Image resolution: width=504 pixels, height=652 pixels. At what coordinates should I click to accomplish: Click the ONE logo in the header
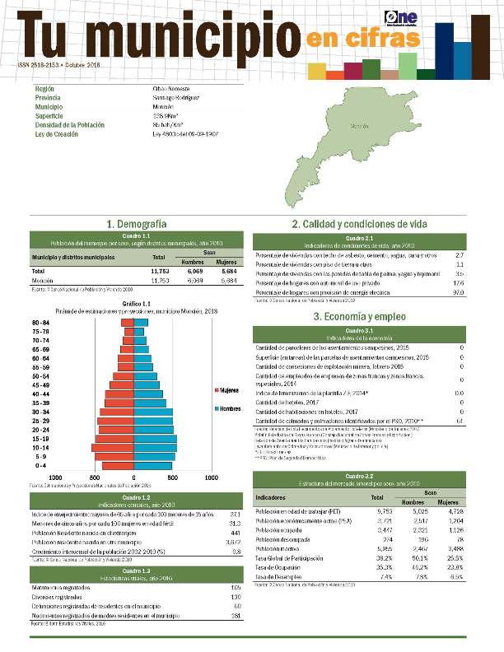pyautogui.click(x=401, y=17)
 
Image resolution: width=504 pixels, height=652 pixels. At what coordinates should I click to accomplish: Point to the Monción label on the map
pyautogui.click(x=359, y=127)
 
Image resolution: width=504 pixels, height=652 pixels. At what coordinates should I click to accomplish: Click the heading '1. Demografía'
pyautogui.click(x=137, y=224)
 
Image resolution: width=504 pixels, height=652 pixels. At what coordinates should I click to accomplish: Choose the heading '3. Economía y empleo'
pyautogui.click(x=358, y=317)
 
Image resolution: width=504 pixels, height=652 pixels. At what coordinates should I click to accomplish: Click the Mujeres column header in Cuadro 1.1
pyautogui.click(x=225, y=262)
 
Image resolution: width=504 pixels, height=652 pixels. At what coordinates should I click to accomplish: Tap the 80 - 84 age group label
pyautogui.click(x=40, y=322)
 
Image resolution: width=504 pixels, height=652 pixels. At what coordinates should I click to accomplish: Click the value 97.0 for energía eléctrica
pyautogui.click(x=460, y=293)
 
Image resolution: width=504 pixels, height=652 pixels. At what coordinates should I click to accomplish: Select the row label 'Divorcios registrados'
pyautogui.click(x=58, y=597)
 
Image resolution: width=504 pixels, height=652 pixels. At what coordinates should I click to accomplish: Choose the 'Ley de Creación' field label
pyautogui.click(x=57, y=133)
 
